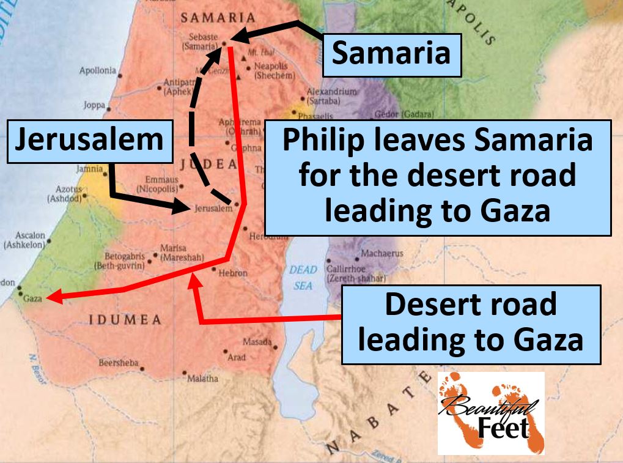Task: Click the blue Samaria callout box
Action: pyautogui.click(x=391, y=55)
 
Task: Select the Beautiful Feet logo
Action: pyautogui.click(x=490, y=413)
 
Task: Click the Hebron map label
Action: pyautogui.click(x=232, y=273)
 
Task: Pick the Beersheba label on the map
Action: pyautogui.click(x=119, y=363)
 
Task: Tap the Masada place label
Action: pyautogui.click(x=257, y=342)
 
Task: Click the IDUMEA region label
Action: pyautogui.click(x=125, y=320)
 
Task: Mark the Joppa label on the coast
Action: pyautogui.click(x=94, y=105)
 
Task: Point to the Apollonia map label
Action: pyautogui.click(x=97, y=71)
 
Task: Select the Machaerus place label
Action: pyautogui.click(x=382, y=253)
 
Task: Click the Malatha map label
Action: pyautogui.click(x=202, y=379)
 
